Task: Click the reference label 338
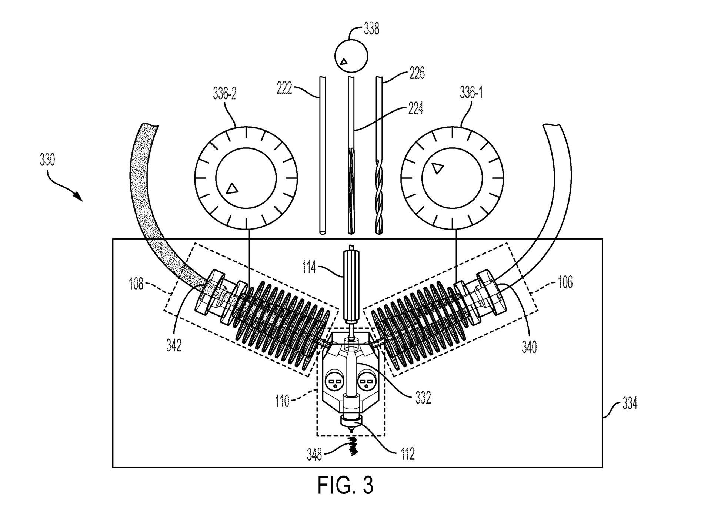tap(371, 29)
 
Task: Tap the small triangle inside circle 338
tap(344, 61)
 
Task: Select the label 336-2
tap(224, 94)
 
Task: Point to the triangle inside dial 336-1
tap(438, 168)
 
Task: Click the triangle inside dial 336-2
tap(232, 188)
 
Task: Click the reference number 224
tap(415, 109)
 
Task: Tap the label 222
tap(284, 89)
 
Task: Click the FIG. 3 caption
tap(345, 485)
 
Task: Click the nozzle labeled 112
tap(350, 423)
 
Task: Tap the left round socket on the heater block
tap(335, 381)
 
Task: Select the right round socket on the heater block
tap(367, 381)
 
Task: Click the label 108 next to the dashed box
tap(136, 285)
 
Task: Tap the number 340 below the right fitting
tap(529, 347)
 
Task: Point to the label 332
tap(423, 398)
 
